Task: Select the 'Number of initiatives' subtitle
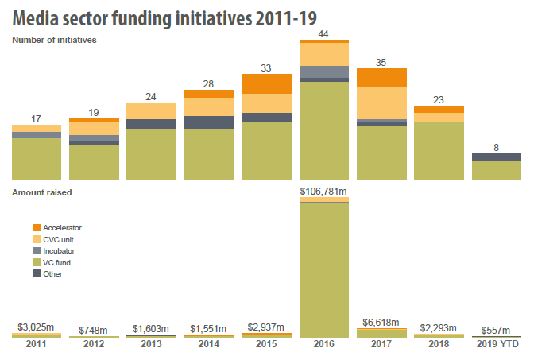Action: click(x=54, y=40)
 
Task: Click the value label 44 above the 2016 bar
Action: click(x=324, y=34)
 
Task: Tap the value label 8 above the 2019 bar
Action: click(x=497, y=146)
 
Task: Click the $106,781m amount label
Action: click(x=324, y=192)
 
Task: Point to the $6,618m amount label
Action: click(x=381, y=321)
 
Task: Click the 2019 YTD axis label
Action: click(x=497, y=346)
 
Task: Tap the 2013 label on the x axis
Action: click(x=151, y=346)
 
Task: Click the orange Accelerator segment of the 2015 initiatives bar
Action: click(x=266, y=83)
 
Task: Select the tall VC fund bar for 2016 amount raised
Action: click(x=324, y=270)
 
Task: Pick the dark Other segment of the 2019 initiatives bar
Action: click(x=497, y=157)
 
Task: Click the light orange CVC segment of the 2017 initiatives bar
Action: click(x=381, y=103)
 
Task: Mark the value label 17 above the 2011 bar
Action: click(x=37, y=119)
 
